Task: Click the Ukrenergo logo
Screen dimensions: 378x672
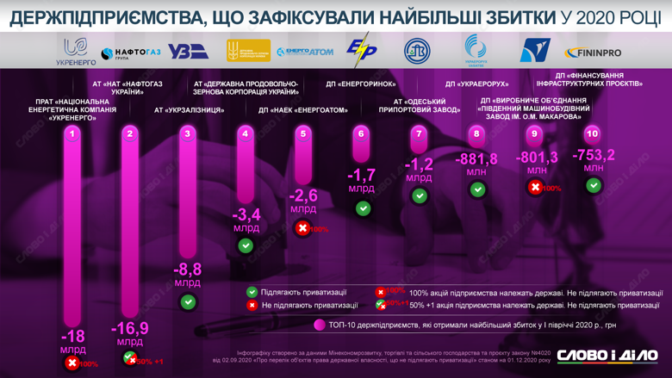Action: pos(75,51)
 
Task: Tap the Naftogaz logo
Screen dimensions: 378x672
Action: pos(131,53)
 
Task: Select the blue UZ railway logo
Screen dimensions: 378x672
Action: pos(188,53)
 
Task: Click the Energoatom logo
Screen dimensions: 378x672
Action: pos(305,53)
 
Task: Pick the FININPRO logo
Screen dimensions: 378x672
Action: pos(593,53)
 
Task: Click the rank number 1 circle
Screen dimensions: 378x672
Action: pos(72,133)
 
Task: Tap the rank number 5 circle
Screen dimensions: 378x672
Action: pos(303,133)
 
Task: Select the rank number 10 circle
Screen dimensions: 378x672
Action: pos(592,133)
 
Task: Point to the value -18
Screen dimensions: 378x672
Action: pos(72,336)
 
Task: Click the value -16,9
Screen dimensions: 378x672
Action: pos(130,328)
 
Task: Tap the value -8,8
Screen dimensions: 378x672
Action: pos(188,270)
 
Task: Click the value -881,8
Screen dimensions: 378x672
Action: pos(476,159)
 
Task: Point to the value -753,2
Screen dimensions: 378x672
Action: pos(593,156)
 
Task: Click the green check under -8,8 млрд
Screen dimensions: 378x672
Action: pos(188,301)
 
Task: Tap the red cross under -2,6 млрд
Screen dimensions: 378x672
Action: pos(302,228)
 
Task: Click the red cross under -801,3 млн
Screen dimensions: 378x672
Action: pos(535,187)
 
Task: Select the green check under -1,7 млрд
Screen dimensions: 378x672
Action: pos(362,208)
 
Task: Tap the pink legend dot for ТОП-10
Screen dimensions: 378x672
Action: pos(320,325)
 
